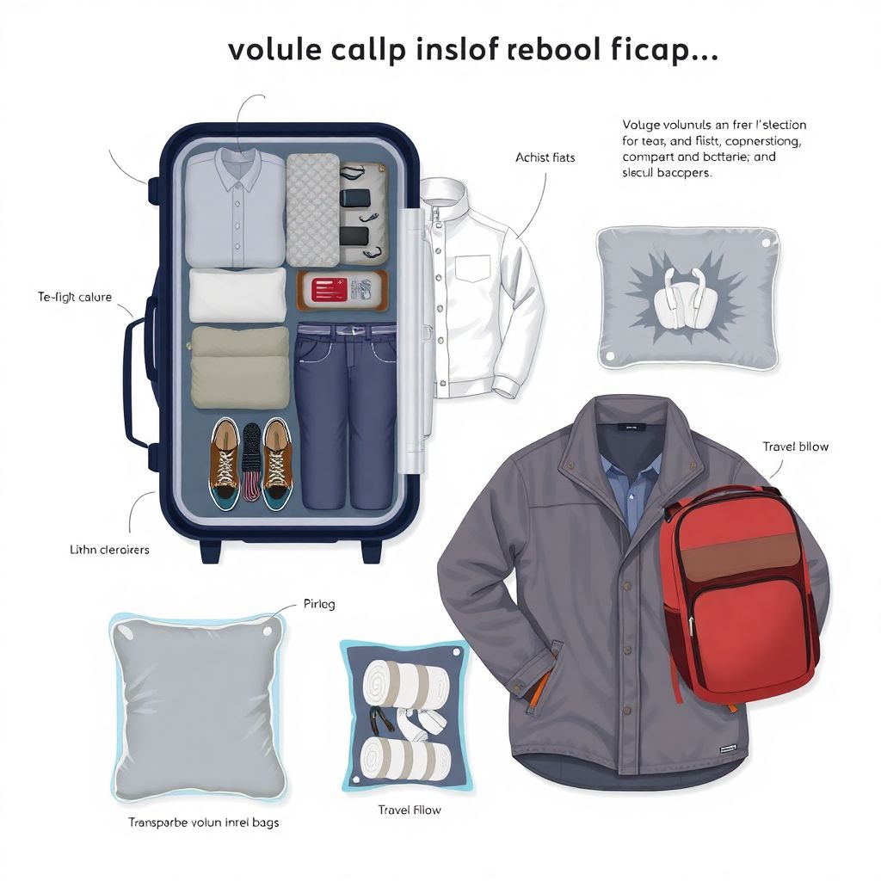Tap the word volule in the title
[x=272, y=50]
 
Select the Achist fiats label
[x=545, y=157]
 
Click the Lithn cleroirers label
[x=108, y=549]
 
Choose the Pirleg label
[x=319, y=604]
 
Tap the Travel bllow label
[x=796, y=447]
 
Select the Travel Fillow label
[x=410, y=810]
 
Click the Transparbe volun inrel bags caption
[x=203, y=822]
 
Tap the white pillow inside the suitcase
[x=237, y=295]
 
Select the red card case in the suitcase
[x=342, y=290]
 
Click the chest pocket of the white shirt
[x=472, y=268]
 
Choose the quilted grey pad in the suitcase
[x=311, y=209]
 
